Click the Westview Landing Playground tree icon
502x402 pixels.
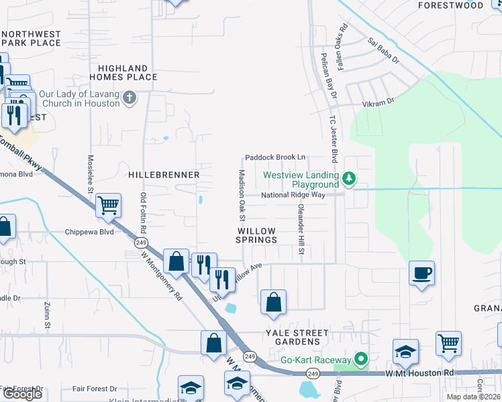348,178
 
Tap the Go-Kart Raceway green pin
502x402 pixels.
362,360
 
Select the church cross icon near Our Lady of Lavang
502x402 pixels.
130,98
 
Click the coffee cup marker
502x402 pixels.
422,273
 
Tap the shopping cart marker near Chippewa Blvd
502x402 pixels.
108,206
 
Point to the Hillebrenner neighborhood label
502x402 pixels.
164,174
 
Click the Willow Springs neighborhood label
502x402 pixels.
256,235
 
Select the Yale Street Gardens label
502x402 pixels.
297,337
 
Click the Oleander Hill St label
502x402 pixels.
301,230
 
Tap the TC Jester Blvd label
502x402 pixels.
332,137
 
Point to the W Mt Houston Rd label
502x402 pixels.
420,373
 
